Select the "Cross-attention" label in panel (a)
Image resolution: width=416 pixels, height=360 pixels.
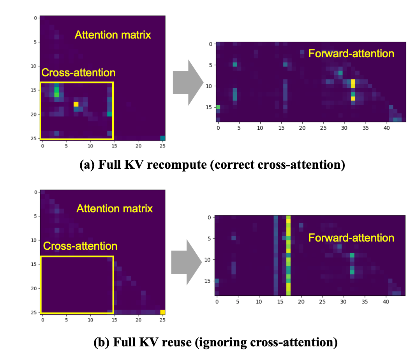click(78, 72)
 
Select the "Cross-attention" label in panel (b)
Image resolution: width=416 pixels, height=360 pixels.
click(80, 246)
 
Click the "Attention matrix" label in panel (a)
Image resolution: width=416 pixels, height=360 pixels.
click(113, 35)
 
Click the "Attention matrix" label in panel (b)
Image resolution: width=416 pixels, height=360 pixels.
click(115, 208)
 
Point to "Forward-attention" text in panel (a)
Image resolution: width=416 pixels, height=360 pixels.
click(351, 53)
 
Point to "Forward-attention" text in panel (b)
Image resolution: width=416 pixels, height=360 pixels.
click(351, 238)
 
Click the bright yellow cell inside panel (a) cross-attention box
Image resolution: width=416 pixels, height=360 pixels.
click(76, 104)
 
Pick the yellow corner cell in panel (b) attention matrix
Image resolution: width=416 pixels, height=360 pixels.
click(162, 312)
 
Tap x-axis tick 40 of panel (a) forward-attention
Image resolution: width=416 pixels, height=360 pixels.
click(386, 128)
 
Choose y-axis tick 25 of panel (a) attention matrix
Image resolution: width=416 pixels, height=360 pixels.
click(34, 138)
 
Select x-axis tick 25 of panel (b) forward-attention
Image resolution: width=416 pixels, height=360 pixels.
click(322, 302)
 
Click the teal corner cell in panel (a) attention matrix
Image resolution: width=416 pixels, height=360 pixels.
click(162, 138)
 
